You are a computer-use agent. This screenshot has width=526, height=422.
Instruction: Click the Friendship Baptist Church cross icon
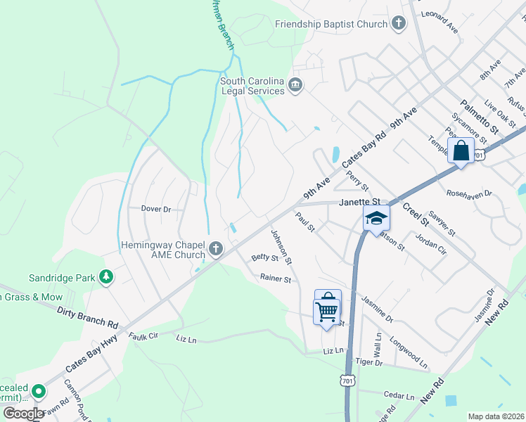[x=399, y=24]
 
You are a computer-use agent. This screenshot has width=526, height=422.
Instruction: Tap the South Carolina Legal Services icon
[x=295, y=86]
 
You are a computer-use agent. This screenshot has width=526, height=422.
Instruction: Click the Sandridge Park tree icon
[x=106, y=278]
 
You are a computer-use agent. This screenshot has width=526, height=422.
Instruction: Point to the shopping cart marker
[x=327, y=309]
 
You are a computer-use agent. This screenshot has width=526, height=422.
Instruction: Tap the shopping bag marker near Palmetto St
[x=461, y=151]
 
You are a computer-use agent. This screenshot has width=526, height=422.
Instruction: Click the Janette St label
[x=359, y=202]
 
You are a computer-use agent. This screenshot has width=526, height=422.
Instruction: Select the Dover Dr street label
[x=155, y=209]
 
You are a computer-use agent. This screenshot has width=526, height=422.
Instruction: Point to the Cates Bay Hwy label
[x=91, y=355]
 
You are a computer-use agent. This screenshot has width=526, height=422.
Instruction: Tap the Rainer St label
[x=275, y=279]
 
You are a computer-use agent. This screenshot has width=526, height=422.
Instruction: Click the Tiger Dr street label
[x=368, y=362]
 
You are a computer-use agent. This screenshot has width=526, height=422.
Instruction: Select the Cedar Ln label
[x=400, y=395]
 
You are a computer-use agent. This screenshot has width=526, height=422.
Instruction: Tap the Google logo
[x=24, y=414]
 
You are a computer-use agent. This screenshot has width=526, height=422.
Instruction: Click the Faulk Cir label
[x=144, y=337]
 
